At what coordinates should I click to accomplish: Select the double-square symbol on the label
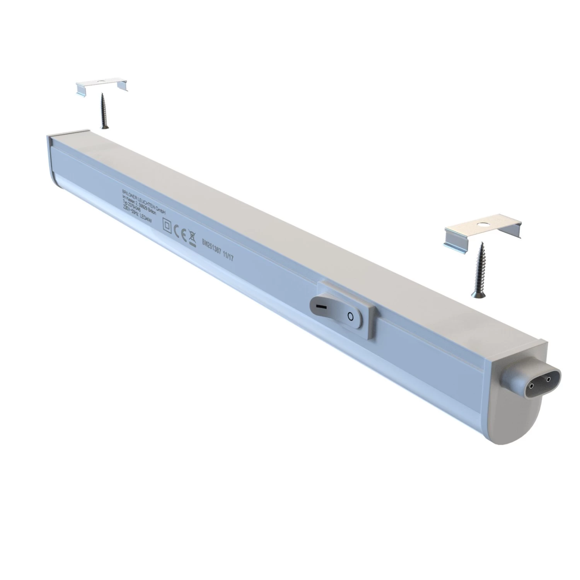167,225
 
